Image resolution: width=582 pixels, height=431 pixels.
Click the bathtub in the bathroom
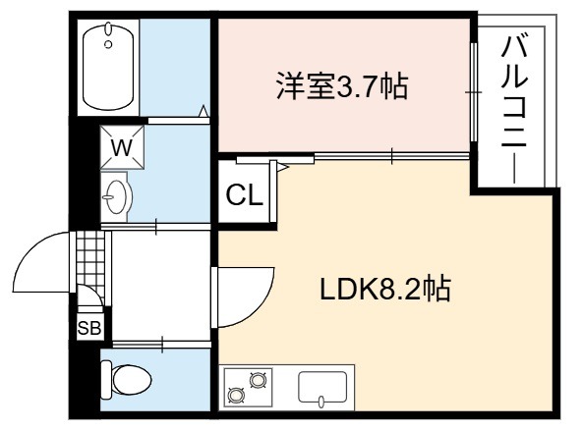pyautogui.click(x=108, y=66)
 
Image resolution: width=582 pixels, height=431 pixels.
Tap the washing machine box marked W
pyautogui.click(x=122, y=147)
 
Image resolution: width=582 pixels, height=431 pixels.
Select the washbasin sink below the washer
pyautogui.click(x=117, y=196)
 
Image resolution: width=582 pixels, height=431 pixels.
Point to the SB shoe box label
pyautogui.click(x=89, y=328)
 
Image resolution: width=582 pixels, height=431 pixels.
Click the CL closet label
pyautogui.click(x=244, y=195)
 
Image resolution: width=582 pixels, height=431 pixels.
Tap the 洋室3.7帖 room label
pyautogui.click(x=342, y=86)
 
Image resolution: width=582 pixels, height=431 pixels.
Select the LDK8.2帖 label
pyautogui.click(x=385, y=289)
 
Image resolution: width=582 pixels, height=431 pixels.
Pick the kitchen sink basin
pyautogui.click(x=322, y=387)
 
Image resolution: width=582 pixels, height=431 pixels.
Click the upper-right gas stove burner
pyautogui.click(x=258, y=380)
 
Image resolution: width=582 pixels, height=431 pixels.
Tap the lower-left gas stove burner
pyautogui.click(x=236, y=395)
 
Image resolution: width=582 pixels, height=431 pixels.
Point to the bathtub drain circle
pyautogui.click(x=108, y=44)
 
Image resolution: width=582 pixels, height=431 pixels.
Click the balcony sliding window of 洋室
pyautogui.click(x=473, y=92)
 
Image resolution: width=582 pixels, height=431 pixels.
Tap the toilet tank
pyautogui.click(x=106, y=380)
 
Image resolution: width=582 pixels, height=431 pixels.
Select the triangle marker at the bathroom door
pyautogui.click(x=204, y=111)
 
